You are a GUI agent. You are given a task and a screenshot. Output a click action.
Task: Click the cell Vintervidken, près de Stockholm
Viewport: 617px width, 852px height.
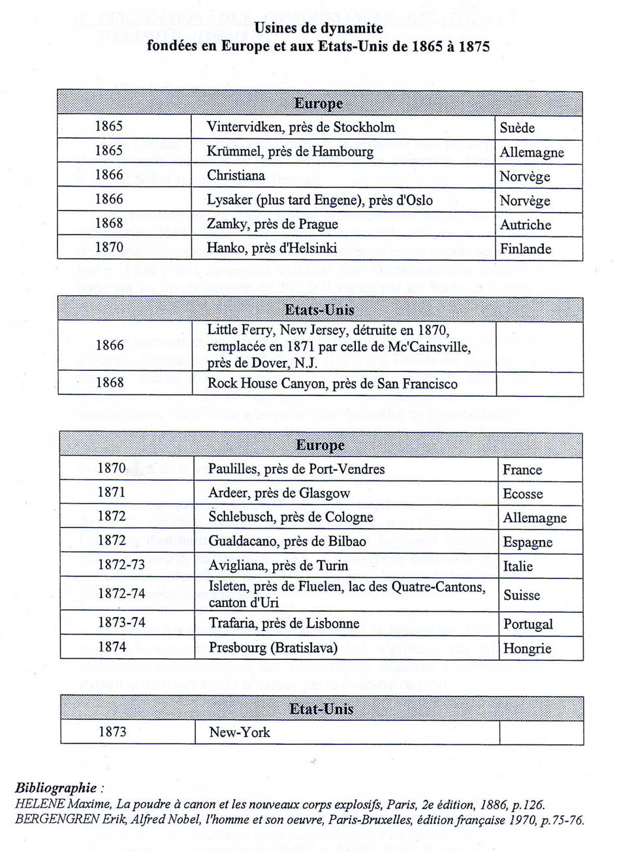[x=301, y=127]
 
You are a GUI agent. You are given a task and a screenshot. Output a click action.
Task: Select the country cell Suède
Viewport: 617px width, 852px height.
[x=517, y=127]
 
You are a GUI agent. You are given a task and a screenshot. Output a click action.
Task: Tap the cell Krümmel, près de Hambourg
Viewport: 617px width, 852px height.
[x=291, y=151]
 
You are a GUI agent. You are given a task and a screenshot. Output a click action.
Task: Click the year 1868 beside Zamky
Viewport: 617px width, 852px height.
[x=108, y=224]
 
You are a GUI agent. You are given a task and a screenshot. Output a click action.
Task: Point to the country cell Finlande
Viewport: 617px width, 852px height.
[x=526, y=249]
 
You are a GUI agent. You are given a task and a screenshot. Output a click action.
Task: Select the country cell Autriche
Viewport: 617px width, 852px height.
[x=526, y=225]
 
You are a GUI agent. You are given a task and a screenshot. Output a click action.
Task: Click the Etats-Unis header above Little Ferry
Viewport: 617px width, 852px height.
[x=319, y=309]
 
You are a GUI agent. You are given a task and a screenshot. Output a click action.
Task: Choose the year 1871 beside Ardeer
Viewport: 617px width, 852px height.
[x=112, y=493]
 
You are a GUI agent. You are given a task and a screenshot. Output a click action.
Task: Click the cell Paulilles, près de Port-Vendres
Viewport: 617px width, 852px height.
[x=296, y=469]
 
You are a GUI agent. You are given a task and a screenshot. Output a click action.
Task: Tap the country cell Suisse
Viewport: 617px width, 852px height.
[x=522, y=595]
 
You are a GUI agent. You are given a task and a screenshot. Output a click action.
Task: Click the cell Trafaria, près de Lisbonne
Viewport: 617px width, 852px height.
[x=284, y=623]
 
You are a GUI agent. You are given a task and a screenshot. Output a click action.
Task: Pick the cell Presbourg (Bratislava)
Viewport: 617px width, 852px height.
[x=273, y=648]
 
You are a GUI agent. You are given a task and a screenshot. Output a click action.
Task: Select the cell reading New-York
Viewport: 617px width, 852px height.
[x=240, y=732]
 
